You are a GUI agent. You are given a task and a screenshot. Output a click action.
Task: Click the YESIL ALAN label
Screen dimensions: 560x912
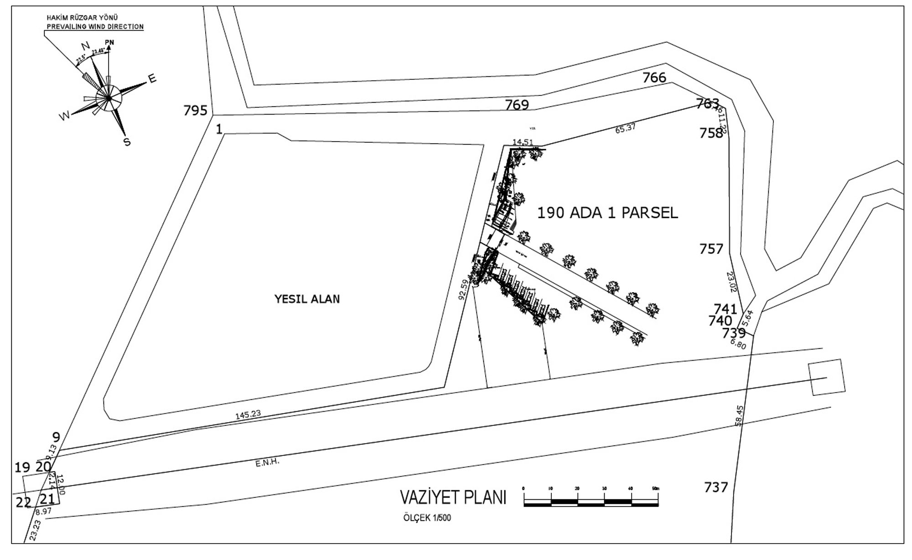[307, 299]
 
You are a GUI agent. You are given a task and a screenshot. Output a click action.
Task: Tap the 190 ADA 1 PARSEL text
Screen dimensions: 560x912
[607, 213]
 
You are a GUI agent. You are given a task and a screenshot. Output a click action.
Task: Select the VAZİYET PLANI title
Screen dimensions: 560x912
[453, 497]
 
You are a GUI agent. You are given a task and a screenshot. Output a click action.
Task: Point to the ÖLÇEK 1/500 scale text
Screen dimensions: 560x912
[427, 518]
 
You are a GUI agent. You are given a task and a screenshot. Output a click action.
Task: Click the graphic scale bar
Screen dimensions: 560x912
[591, 503]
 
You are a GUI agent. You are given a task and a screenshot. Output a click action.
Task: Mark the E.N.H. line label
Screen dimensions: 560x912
[267, 463]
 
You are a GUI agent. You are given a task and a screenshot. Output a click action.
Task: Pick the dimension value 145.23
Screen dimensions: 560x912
[248, 414]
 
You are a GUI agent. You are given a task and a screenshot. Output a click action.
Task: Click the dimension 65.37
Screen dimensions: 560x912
[625, 129]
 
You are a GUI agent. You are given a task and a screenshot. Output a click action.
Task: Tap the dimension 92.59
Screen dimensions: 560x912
[463, 289]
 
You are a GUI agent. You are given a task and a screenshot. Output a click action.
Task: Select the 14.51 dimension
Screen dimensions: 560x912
[523, 142]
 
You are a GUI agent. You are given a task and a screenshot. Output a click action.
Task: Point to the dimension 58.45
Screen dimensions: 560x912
[740, 415]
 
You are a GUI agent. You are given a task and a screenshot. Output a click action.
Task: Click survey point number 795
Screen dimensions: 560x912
[195, 110]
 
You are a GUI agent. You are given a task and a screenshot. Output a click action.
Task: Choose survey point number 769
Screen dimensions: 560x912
[517, 105]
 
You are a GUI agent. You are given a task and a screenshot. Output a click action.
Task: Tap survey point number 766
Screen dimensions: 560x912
[654, 78]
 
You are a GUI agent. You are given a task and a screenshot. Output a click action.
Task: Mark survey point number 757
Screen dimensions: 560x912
[711, 249]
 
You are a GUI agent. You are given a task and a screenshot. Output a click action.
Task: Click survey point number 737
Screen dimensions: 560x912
[716, 487]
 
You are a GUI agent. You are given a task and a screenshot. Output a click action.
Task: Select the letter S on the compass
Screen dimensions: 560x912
[127, 142]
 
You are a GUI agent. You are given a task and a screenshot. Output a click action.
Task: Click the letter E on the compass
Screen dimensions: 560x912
[152, 79]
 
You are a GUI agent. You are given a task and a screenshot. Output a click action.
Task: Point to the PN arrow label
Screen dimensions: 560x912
[109, 42]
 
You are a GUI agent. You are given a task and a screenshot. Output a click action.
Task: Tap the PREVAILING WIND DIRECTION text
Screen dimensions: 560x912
[95, 26]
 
